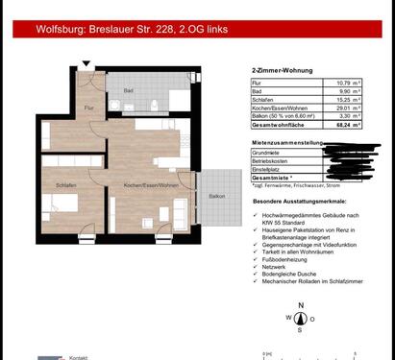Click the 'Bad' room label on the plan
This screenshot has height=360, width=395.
[x=127, y=93]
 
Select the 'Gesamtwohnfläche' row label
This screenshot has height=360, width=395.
[x=272, y=124]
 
